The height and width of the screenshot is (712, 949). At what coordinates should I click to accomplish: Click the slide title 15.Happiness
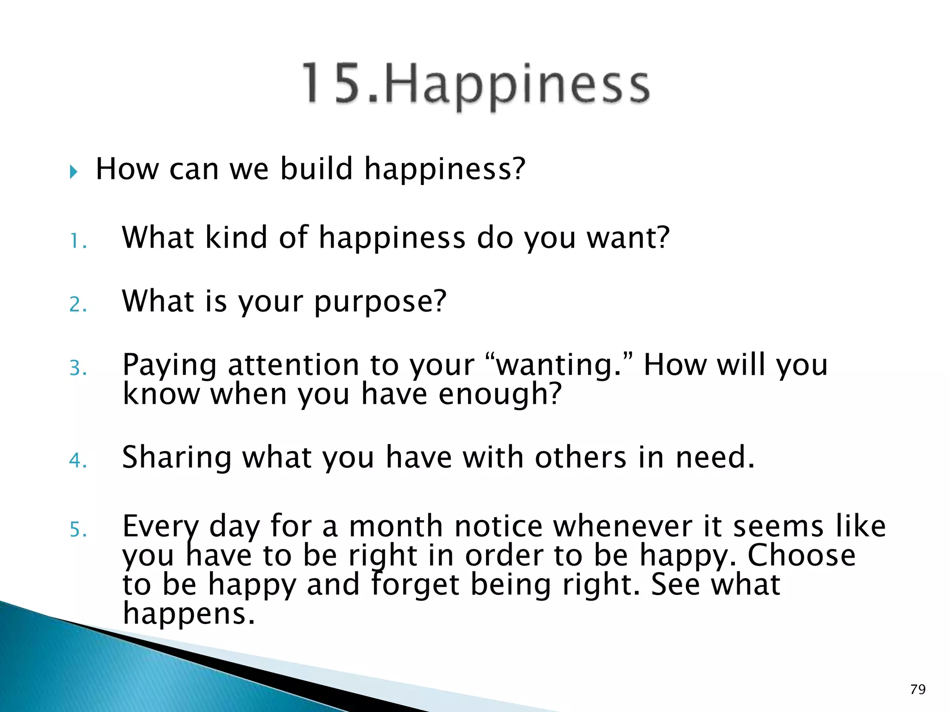pos(476,85)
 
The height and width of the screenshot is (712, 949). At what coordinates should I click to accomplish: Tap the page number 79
pos(917,690)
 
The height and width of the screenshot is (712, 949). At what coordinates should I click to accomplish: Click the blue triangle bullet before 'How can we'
pos(74,172)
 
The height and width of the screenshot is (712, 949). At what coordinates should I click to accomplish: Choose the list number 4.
pos(77,461)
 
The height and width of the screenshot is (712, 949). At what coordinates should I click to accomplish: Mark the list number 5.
pos(77,529)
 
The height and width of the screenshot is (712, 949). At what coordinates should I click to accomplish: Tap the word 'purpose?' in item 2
pos(380,303)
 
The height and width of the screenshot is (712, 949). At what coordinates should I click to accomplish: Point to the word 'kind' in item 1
pos(236,238)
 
